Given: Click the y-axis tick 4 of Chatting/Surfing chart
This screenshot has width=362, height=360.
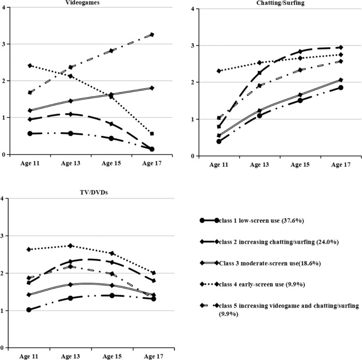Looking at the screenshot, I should (192, 9).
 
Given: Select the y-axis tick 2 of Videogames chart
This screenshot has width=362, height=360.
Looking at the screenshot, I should (4, 81).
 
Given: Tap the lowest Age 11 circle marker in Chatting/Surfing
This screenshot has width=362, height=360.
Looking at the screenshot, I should (219, 141).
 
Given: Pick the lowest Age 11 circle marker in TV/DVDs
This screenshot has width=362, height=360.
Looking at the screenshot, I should (30, 310).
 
